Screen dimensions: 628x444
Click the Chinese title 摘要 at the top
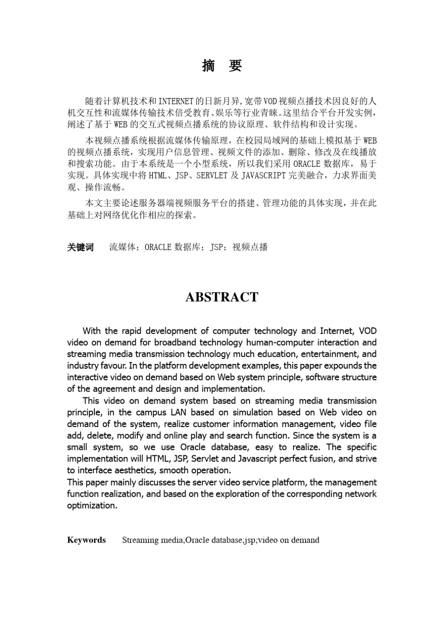[x=222, y=66]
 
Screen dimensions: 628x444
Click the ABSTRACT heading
[x=222, y=297]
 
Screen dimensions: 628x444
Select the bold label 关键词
[x=80, y=247]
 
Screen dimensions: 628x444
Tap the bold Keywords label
[x=86, y=540]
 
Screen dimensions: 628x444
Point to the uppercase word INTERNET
[x=176, y=101]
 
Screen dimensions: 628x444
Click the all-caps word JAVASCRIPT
[x=263, y=176]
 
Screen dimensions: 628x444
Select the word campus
[x=151, y=412]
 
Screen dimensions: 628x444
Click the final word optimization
[x=92, y=506]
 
